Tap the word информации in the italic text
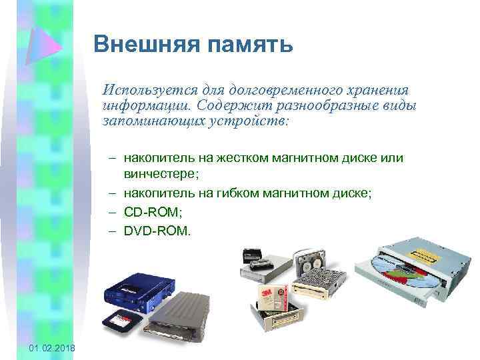[145, 105]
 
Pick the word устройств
[250, 121]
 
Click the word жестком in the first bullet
[241, 158]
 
